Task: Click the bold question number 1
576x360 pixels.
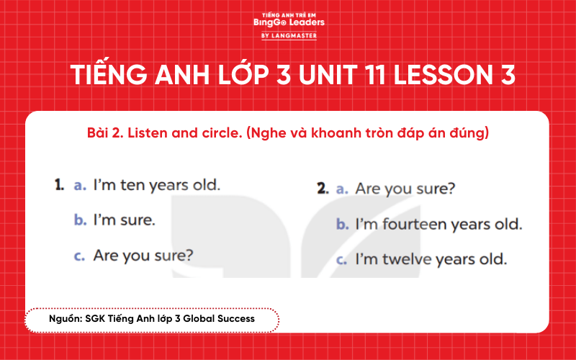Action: (60, 185)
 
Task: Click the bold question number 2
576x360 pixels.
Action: (322, 189)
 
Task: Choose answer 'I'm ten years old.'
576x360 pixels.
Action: (156, 185)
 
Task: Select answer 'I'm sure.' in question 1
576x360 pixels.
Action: (124, 220)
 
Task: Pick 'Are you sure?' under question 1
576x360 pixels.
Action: (143, 255)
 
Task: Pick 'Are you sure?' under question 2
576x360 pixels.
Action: (405, 189)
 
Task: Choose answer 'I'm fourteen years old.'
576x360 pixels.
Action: (438, 224)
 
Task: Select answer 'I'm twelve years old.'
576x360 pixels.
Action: (431, 258)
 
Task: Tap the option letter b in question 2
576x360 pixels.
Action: (343, 225)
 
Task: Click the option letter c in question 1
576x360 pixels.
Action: (79, 256)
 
